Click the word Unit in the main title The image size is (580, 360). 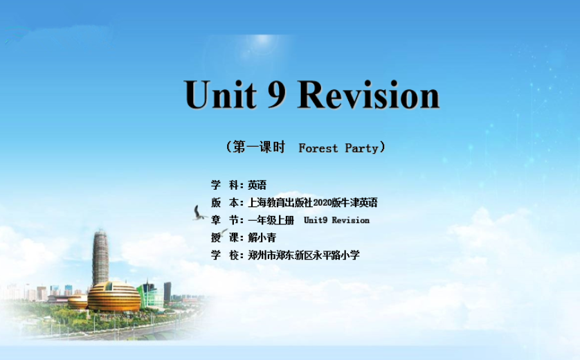tap(221, 94)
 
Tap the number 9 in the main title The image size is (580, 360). tap(277, 94)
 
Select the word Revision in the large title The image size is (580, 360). tap(368, 94)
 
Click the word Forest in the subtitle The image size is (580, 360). tap(318, 148)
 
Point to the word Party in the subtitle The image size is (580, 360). tap(361, 149)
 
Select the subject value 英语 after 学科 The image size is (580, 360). tap(257, 185)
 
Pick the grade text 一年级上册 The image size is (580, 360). tap(271, 220)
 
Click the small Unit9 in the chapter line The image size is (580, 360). tap(316, 220)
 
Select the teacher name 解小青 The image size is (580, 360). tap(262, 237)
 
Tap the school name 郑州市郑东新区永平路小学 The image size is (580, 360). tap(304, 255)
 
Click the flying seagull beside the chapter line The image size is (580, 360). tap(199, 213)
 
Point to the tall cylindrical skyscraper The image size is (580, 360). tap(100, 258)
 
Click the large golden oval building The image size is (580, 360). tap(114, 297)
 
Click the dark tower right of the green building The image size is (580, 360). tap(167, 292)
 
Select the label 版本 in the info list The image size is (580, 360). tap(225, 202)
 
